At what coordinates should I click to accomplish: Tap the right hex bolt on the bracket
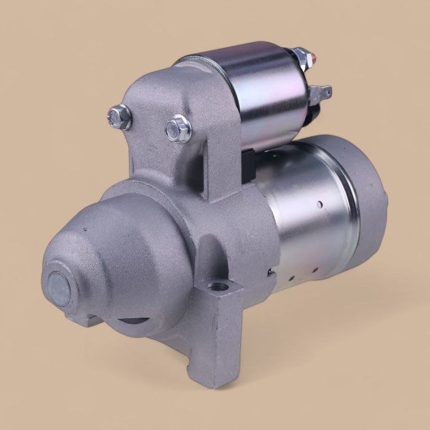(178, 128)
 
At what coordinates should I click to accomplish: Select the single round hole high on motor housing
(320, 203)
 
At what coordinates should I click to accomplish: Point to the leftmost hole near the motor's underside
(270, 270)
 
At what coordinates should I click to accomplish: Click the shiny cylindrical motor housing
(301, 227)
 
